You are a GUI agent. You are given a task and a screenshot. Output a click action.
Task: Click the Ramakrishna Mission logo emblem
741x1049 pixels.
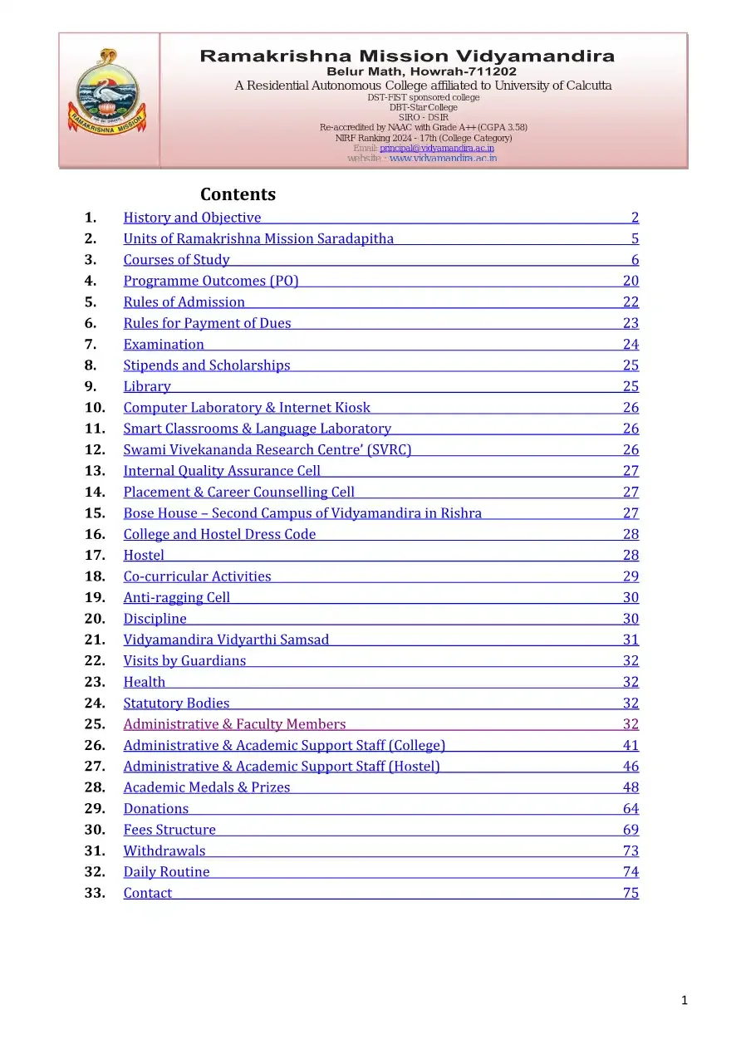109,98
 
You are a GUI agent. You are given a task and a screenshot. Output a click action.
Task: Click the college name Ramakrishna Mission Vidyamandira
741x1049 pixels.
407,56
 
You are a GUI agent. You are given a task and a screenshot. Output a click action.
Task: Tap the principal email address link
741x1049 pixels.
436,148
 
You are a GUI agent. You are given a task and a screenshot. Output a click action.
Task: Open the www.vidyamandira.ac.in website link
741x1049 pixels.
443,158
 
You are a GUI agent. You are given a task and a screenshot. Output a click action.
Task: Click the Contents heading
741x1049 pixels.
238,194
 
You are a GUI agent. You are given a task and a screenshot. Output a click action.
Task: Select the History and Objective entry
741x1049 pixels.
192,218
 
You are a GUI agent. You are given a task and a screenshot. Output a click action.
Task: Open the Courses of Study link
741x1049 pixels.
176,260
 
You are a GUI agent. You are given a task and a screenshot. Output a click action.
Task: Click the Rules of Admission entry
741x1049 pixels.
184,302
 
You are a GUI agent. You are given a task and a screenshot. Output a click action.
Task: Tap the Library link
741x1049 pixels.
147,386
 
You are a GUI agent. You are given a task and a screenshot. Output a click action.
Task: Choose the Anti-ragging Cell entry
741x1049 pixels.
176,597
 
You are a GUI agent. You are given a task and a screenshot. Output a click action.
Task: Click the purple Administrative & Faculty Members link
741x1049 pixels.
234,724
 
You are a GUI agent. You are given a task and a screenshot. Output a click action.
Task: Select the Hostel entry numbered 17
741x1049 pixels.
144,556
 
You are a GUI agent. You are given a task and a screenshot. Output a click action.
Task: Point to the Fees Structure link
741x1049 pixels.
169,830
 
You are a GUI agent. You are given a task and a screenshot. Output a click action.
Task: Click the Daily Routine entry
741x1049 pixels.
166,872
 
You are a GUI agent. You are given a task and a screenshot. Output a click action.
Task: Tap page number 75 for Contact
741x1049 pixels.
631,893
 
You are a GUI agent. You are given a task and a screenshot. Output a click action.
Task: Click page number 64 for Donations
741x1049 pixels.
631,809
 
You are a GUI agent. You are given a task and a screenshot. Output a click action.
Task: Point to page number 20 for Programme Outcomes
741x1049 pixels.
631,281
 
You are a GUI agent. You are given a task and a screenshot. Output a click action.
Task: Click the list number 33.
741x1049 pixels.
95,893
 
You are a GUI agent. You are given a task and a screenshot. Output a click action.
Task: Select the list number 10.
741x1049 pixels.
95,408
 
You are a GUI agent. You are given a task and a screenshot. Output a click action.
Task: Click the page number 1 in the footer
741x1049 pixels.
684,1001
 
